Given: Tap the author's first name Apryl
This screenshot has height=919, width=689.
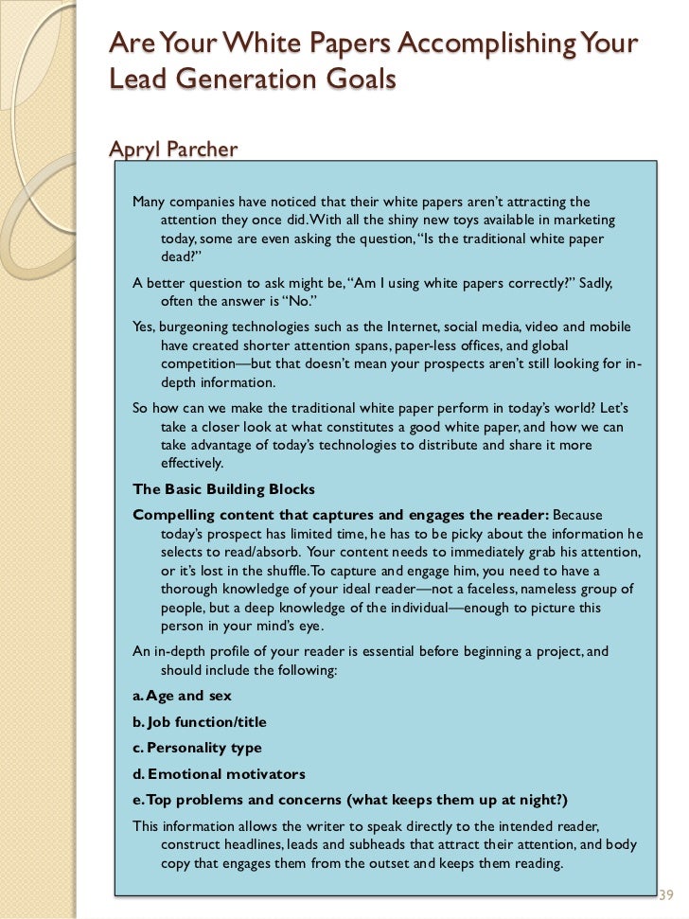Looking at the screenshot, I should coord(139,149).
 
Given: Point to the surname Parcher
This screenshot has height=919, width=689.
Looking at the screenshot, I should coord(204,149).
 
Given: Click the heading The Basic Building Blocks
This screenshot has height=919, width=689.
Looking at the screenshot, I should coord(224,489).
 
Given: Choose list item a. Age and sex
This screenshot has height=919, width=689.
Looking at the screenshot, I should coord(183,696).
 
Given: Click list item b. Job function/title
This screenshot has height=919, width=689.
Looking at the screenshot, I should coord(200,722).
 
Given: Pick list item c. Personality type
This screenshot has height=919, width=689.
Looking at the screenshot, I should coord(198,748).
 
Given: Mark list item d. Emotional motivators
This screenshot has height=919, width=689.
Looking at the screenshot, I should coord(220,774).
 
